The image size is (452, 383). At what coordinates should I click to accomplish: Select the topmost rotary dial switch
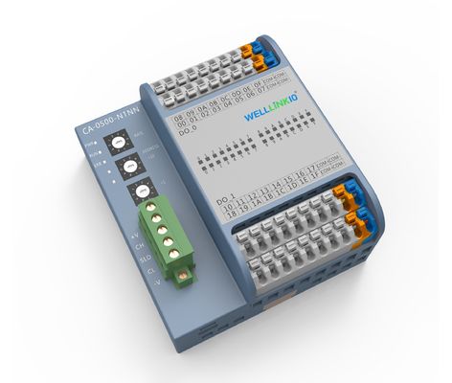118,141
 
